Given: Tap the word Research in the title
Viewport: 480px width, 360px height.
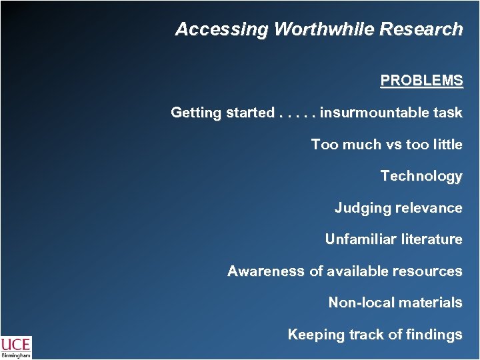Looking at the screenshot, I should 423,30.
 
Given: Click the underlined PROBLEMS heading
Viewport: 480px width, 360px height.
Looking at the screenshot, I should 421,81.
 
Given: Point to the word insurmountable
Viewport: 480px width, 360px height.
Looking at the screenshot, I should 374,113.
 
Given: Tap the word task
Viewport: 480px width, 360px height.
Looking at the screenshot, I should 447,113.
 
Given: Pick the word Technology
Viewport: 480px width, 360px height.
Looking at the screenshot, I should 421,177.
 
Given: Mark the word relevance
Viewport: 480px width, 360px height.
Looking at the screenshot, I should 429,208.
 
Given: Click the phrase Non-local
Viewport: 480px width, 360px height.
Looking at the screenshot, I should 361,303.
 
